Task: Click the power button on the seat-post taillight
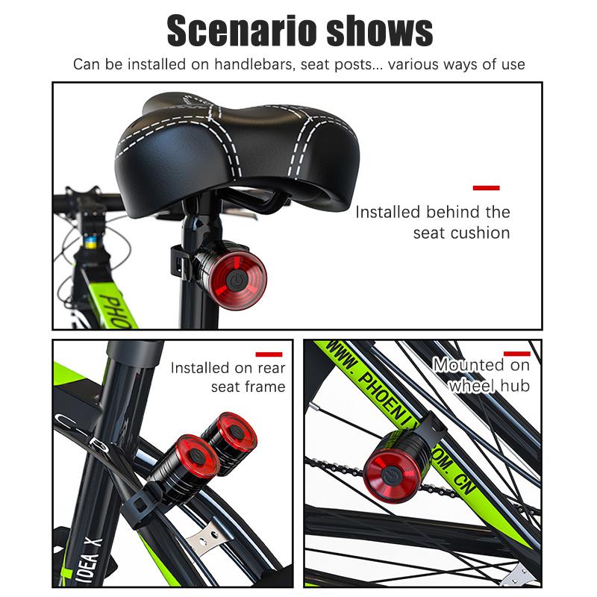point(237,280)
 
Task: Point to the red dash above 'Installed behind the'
point(486,188)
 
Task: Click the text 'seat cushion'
point(461,233)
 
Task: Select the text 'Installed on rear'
point(228,368)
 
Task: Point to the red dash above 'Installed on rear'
point(269,354)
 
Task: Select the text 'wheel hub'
point(489,386)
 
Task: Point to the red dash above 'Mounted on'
point(516,354)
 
